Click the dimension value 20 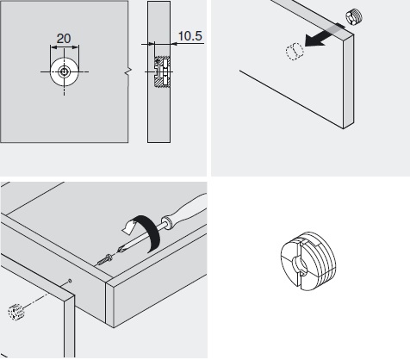tap(64, 39)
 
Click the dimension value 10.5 tap(190, 36)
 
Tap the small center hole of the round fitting tap(64, 71)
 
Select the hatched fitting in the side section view tap(162, 71)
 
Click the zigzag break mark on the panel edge tap(127, 72)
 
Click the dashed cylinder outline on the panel tap(295, 51)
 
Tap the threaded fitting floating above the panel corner tap(354, 16)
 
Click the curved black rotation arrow tap(146, 232)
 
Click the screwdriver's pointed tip tap(118, 251)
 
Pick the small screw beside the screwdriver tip tap(104, 259)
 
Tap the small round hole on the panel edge tap(70, 281)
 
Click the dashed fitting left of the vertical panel tap(16, 312)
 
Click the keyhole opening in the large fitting tap(300, 264)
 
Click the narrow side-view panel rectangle tap(158, 71)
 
